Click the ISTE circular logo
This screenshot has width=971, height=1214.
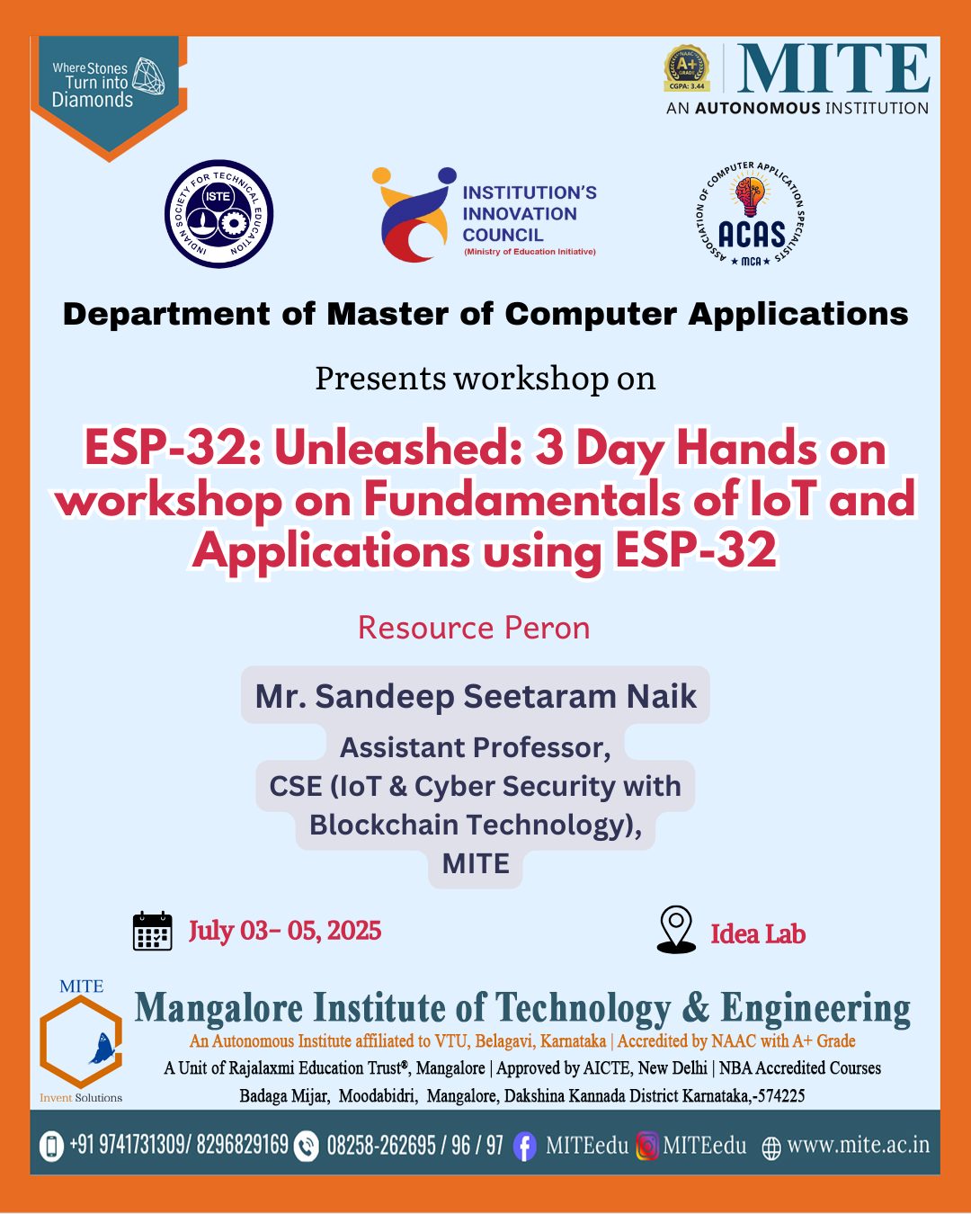point(218,214)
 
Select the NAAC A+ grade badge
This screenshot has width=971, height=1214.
point(687,68)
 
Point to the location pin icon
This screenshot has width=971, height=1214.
point(676,929)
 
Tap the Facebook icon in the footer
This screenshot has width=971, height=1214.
point(524,1147)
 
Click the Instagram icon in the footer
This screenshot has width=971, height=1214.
point(647,1146)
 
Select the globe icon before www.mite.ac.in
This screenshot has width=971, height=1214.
point(771,1148)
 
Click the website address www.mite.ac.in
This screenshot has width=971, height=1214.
point(858,1145)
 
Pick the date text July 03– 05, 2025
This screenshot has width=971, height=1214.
point(285,930)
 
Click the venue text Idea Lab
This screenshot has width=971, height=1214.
point(758,934)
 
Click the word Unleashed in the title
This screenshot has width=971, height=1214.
point(397,449)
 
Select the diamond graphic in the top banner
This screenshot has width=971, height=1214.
point(148,76)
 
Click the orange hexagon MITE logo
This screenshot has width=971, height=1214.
point(81,1041)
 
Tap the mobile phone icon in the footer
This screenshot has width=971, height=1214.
point(51,1147)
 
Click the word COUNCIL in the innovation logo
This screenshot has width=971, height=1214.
point(503,235)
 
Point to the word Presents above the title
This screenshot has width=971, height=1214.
point(380,378)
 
